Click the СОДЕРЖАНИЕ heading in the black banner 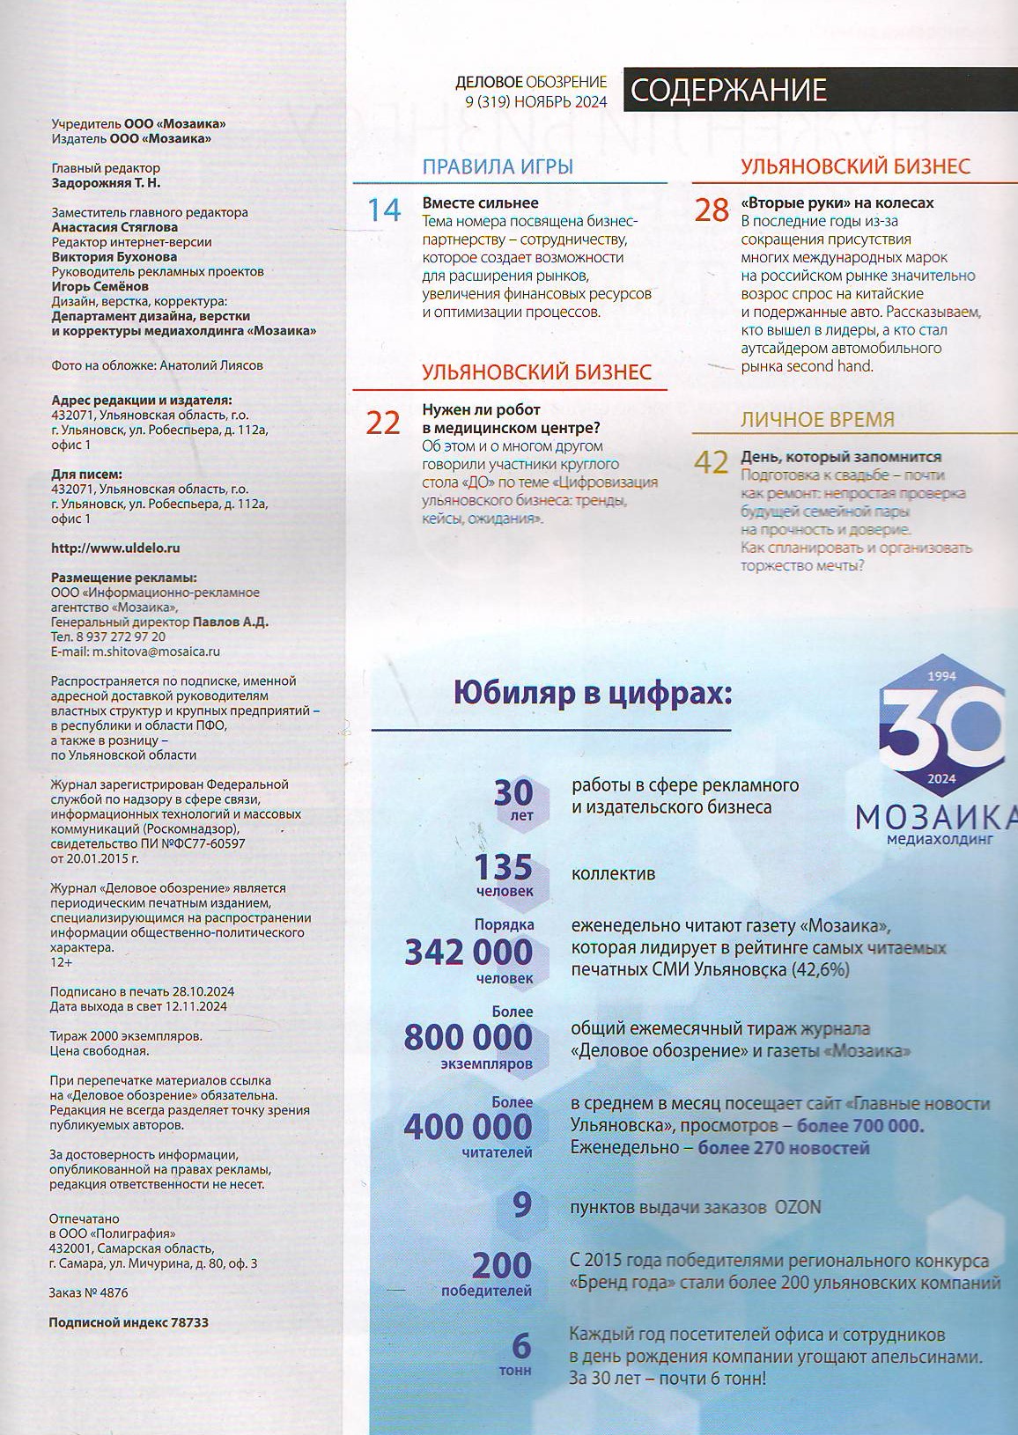(729, 90)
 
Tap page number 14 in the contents (384, 210)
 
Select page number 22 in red (383, 423)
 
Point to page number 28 (712, 210)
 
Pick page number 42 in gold (712, 462)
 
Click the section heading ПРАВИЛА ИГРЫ (498, 166)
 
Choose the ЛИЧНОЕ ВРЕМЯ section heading (817, 419)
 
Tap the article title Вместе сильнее (480, 202)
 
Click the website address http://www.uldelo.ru (115, 548)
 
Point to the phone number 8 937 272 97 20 (121, 637)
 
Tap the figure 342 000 (468, 952)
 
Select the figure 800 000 (468, 1038)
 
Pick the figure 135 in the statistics (503, 868)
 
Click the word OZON (797, 1207)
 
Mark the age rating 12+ (62, 963)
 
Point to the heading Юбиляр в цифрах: (593, 694)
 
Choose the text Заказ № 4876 (89, 1293)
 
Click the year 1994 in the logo (942, 676)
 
